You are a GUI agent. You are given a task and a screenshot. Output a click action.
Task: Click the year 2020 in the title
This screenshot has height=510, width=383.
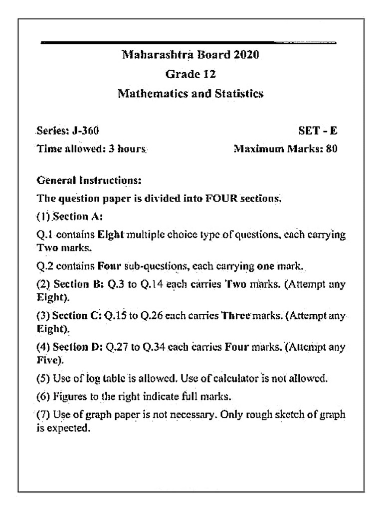[x=246, y=54]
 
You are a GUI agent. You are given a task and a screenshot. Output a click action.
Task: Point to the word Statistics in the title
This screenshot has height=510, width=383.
[x=239, y=93]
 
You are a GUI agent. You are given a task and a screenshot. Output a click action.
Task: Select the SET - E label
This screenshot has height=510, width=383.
[x=318, y=130]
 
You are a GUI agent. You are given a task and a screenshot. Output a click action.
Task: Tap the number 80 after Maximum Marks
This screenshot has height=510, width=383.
[x=332, y=148]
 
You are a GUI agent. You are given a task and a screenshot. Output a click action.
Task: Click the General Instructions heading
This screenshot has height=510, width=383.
[x=89, y=179]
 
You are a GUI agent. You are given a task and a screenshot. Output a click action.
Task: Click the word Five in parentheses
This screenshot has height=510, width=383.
[x=46, y=359]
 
